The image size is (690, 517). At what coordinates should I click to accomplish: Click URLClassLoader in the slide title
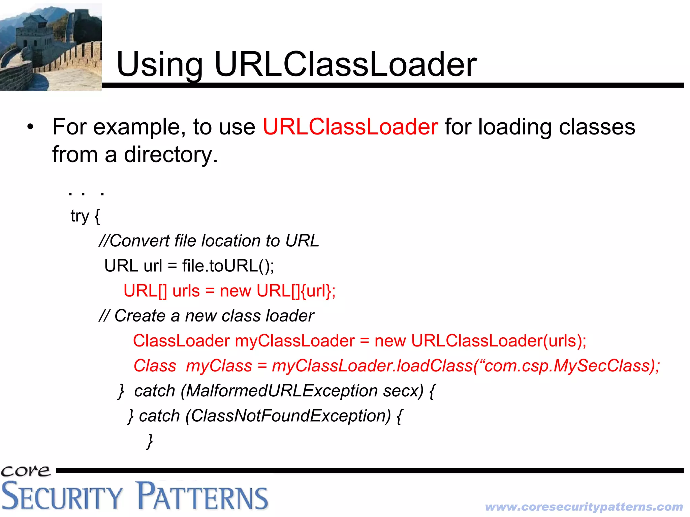[345, 64]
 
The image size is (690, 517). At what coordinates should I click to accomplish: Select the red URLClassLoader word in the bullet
[350, 127]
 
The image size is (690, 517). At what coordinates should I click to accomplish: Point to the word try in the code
[80, 216]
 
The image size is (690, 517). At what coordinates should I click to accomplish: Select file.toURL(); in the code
[228, 266]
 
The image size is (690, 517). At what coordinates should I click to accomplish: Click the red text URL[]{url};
[296, 291]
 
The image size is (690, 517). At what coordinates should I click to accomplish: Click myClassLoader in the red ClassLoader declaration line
[295, 341]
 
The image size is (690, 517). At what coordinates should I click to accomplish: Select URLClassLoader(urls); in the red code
[498, 341]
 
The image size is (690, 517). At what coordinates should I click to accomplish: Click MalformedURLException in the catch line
[281, 391]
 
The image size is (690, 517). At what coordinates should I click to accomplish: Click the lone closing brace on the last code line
[150, 441]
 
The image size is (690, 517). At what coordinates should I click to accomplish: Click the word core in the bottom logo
[26, 470]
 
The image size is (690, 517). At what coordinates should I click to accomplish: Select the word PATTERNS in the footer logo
[202, 496]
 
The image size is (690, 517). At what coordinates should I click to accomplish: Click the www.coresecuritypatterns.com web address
[584, 507]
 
